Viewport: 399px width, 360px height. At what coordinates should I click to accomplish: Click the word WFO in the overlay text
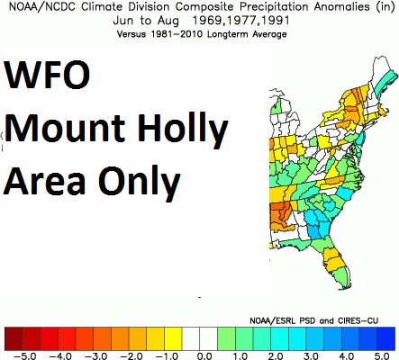pos(47,74)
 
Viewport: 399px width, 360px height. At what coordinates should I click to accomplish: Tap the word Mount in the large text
pos(64,128)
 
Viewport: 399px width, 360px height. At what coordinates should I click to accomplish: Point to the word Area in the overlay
pos(44,181)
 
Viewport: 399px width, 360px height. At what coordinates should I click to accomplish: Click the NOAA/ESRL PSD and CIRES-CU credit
pos(313,320)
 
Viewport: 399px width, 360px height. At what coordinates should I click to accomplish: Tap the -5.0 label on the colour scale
pos(25,356)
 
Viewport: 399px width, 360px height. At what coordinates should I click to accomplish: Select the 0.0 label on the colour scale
pos(204,356)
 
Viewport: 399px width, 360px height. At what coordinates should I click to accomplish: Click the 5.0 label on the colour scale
pos(382,356)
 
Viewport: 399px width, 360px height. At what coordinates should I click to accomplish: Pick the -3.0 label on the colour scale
pos(95,356)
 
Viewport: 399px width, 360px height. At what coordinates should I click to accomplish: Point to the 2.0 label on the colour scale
pos(276,356)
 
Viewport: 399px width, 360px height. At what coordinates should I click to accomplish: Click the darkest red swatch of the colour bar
pos(14,339)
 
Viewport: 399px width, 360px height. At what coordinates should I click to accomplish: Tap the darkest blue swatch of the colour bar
pos(386,339)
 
